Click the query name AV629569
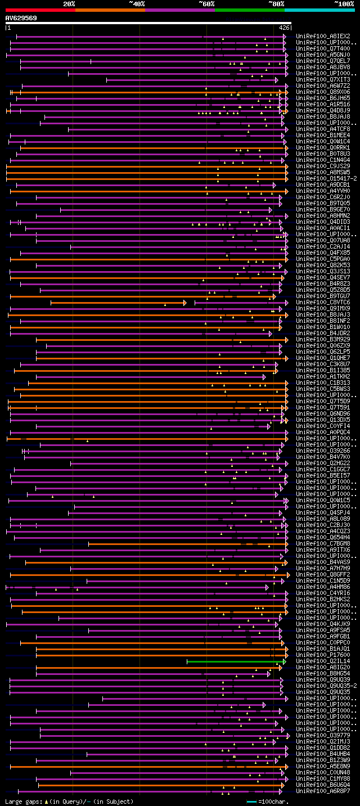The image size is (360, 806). [x=21, y=18]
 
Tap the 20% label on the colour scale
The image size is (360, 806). [x=69, y=3]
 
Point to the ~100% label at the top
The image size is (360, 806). [x=343, y=3]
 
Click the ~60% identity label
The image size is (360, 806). [x=206, y=3]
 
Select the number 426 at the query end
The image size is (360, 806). [x=284, y=28]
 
